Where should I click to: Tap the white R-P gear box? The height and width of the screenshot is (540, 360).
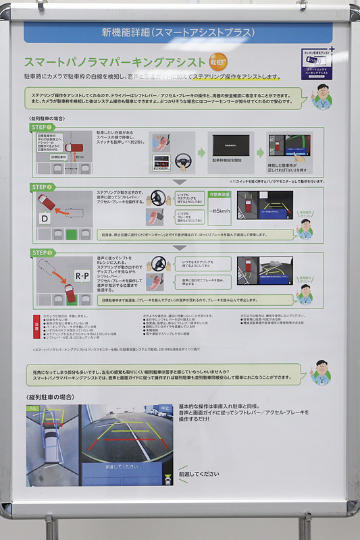point(82,276)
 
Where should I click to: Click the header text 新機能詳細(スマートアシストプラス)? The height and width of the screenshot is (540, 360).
point(178,32)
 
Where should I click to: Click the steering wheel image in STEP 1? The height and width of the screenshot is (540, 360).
point(182,162)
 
